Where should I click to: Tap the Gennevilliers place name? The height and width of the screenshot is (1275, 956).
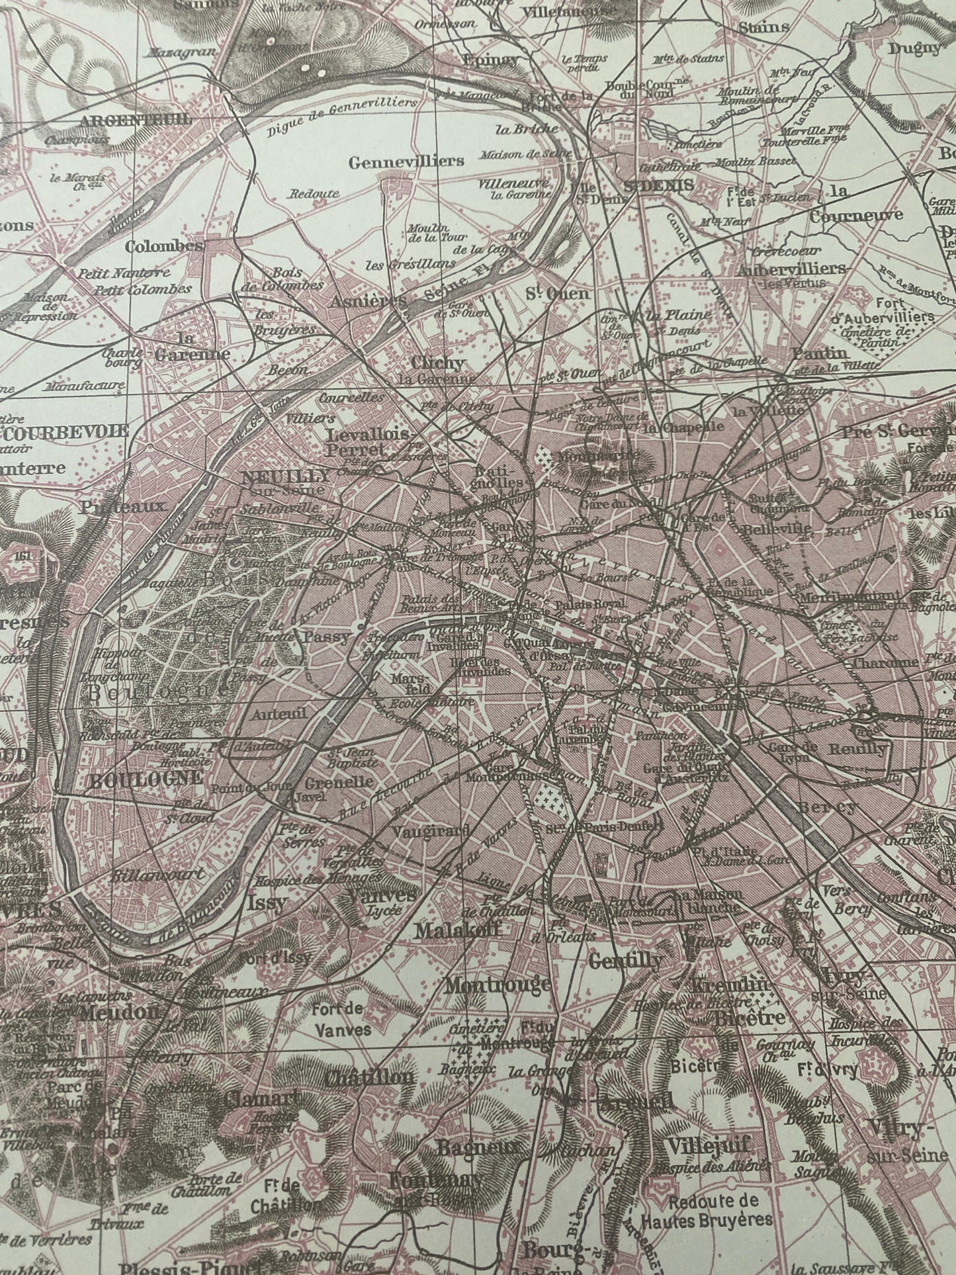[406, 161]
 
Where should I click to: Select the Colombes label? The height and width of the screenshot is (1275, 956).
[163, 246]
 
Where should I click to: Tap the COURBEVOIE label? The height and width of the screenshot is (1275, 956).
[65, 431]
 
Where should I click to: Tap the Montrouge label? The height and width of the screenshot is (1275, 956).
[497, 985]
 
